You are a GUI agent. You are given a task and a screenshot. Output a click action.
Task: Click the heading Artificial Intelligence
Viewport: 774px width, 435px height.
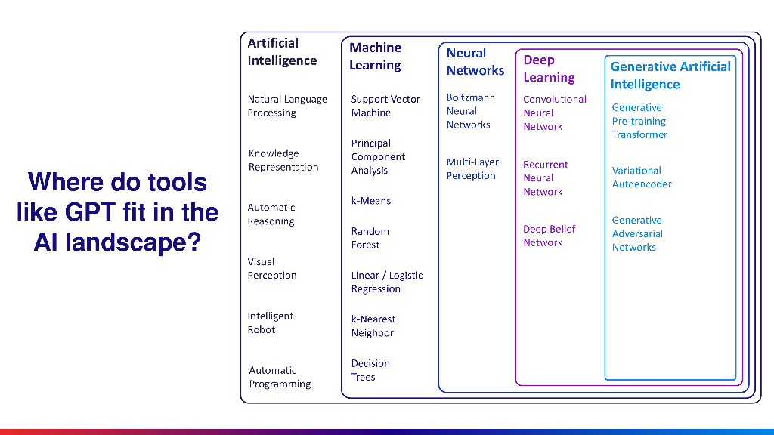click(x=282, y=52)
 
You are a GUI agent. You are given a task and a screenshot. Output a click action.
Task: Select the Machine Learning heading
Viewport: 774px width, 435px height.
click(x=375, y=57)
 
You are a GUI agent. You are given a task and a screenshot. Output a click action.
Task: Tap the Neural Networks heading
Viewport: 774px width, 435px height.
click(x=475, y=62)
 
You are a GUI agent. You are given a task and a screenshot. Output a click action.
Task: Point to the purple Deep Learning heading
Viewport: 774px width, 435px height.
click(x=549, y=69)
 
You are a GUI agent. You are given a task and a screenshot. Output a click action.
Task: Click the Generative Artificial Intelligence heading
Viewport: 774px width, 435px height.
click(x=670, y=75)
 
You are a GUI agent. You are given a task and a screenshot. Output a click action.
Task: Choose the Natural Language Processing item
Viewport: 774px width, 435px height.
click(x=287, y=106)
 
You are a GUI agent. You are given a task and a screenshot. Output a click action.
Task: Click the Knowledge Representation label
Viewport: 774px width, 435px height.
click(x=283, y=160)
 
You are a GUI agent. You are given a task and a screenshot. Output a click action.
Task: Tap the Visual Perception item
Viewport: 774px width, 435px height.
click(x=272, y=269)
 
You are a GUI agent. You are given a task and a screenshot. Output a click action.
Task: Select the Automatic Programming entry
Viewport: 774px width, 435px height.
click(x=280, y=377)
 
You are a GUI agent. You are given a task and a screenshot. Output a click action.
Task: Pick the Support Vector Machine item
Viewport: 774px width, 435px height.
click(x=385, y=106)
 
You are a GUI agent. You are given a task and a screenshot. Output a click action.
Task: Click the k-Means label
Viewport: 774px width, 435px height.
click(x=371, y=201)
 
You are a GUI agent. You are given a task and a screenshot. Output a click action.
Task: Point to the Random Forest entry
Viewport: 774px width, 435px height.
click(x=370, y=238)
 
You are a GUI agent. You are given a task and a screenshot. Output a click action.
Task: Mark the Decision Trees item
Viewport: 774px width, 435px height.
click(x=370, y=370)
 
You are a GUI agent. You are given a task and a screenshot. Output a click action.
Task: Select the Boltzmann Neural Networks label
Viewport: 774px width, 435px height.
click(x=470, y=111)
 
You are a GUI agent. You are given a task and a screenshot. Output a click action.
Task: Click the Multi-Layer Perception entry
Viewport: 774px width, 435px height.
click(x=472, y=169)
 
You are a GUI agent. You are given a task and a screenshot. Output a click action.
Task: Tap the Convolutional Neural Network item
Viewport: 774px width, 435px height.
click(x=554, y=113)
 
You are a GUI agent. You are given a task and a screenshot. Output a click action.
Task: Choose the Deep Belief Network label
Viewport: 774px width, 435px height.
click(x=549, y=236)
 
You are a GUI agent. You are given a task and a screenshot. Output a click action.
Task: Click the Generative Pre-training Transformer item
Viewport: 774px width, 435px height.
click(x=639, y=121)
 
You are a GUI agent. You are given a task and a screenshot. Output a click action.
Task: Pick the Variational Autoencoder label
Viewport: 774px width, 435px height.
click(x=641, y=177)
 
